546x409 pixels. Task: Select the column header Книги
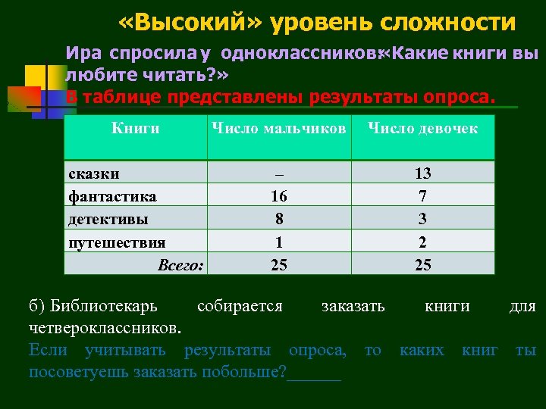pos(136,129)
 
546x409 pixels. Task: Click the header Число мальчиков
pos(278,129)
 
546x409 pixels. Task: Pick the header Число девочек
pos(422,129)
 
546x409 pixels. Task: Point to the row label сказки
pos(94,173)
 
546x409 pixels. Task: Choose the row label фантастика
pos(112,196)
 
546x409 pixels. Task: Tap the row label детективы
pos(108,219)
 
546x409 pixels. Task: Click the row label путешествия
pos(117,242)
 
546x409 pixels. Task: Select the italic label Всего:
pos(180,265)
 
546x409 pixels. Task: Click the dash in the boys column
pos(279,173)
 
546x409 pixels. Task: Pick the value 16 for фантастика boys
pos(279,196)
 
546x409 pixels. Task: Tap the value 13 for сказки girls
pos(422,173)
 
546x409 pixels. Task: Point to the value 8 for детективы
pos(279,219)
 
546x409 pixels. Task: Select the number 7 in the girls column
pos(422,196)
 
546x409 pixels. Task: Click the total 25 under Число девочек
pos(422,265)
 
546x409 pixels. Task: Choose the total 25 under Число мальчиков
pos(279,265)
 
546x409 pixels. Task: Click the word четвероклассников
pos(105,329)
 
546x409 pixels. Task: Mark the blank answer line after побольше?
pos(314,373)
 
